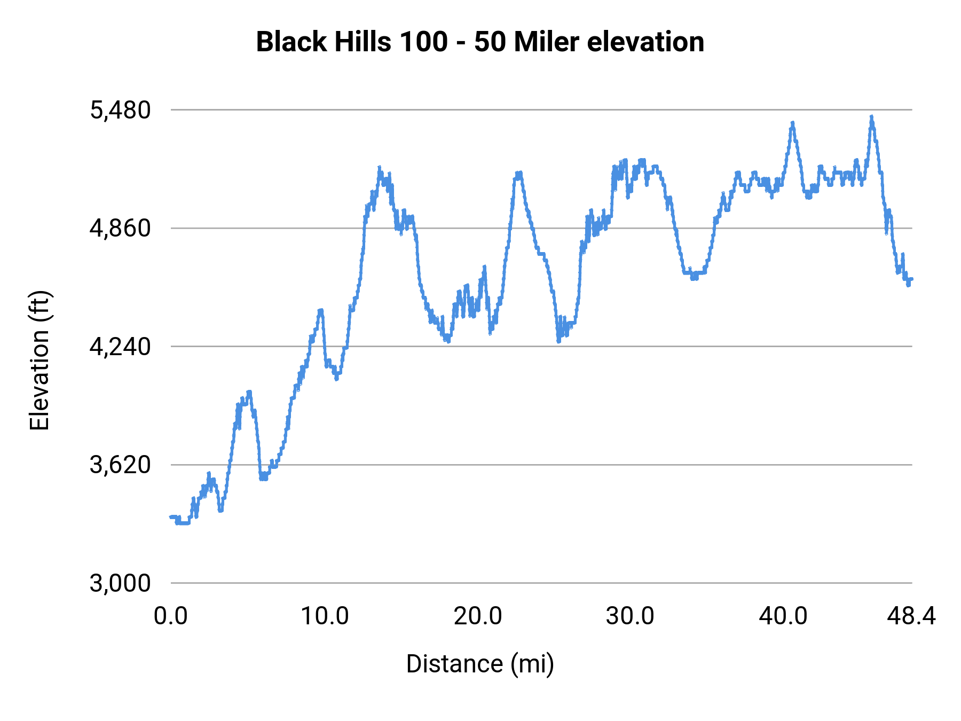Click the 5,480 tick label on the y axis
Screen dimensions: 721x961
(x=120, y=111)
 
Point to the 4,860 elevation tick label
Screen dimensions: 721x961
(x=120, y=229)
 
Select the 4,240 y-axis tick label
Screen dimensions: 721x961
(x=120, y=347)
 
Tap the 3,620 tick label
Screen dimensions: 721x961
(x=120, y=465)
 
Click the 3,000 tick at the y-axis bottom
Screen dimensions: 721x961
(x=120, y=583)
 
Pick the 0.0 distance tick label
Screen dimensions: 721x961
(x=171, y=616)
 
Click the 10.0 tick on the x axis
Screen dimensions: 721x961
(x=325, y=616)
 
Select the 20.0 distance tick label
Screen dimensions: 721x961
(x=478, y=616)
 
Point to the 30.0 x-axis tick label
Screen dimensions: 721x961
(x=630, y=616)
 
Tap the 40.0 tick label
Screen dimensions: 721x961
(x=783, y=616)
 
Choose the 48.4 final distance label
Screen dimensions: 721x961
(x=911, y=616)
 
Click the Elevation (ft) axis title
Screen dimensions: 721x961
(x=40, y=360)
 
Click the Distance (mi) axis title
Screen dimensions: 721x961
(x=480, y=664)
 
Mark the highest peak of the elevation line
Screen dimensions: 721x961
(x=871, y=116)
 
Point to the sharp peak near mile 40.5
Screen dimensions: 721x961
(x=793, y=123)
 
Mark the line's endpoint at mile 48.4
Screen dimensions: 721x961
(x=911, y=279)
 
